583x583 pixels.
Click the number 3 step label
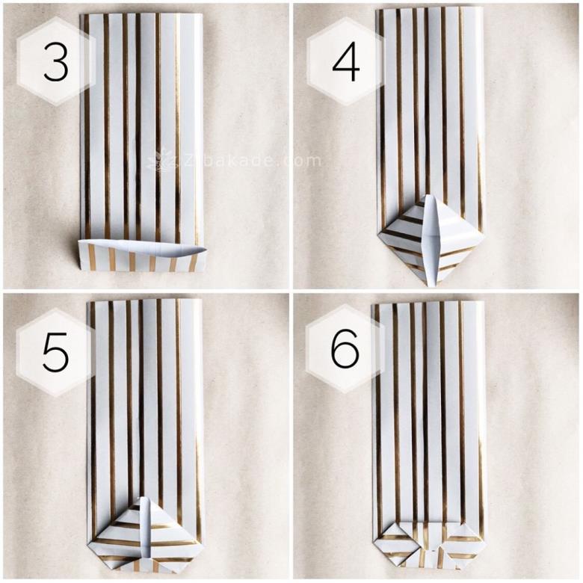click(56, 62)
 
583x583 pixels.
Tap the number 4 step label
click(346, 62)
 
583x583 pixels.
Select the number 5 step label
click(56, 352)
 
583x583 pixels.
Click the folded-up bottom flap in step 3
click(142, 256)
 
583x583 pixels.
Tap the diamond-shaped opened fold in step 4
click(430, 240)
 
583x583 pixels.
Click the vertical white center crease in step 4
click(431, 240)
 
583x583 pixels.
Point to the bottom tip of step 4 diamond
click(431, 287)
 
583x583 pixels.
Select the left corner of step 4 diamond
click(378, 234)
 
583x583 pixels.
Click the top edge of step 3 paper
click(142, 14)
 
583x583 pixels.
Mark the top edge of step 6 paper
click(429, 304)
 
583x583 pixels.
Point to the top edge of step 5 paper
click(145, 300)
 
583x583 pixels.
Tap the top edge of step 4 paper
click(429, 9)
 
